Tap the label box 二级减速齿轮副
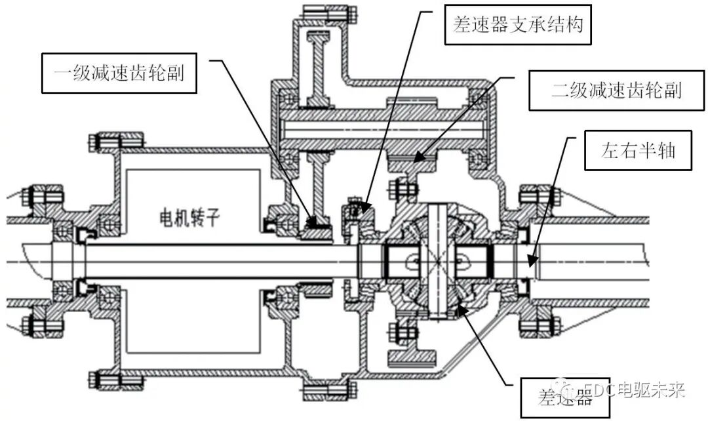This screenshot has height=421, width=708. click(616, 90)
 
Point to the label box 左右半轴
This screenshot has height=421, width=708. click(638, 151)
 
